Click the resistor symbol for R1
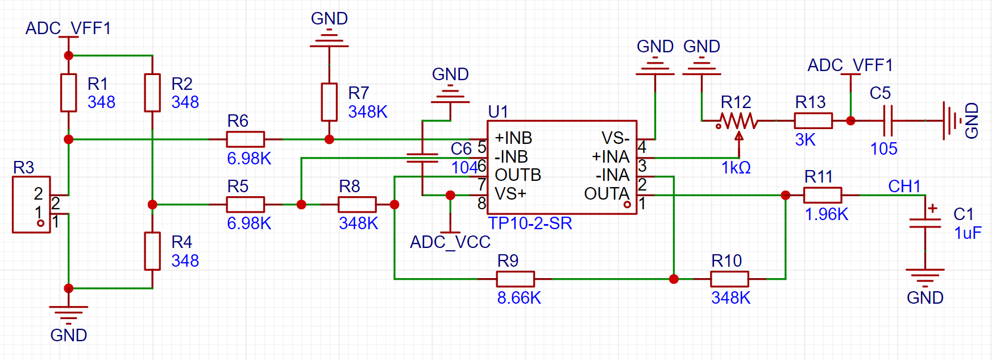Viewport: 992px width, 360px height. click(x=69, y=92)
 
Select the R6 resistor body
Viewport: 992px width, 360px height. click(x=245, y=139)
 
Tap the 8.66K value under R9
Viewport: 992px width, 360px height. click(x=519, y=297)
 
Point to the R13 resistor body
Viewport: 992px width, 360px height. click(x=813, y=121)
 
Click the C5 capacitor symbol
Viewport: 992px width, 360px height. click(x=889, y=121)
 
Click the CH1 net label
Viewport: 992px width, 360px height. click(x=904, y=186)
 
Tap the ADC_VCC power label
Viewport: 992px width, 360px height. click(x=450, y=242)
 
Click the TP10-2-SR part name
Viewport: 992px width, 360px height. click(x=530, y=224)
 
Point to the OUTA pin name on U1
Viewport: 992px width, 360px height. click(x=607, y=194)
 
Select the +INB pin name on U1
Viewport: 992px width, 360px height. click(x=513, y=138)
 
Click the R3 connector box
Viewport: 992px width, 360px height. click(x=31, y=205)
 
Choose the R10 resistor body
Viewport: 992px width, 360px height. click(x=729, y=279)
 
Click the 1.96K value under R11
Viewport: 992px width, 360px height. click(x=827, y=214)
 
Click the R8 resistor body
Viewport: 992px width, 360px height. click(x=357, y=205)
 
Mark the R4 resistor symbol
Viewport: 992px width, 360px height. click(x=152, y=251)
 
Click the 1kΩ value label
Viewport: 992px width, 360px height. click(x=736, y=168)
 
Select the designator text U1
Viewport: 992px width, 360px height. click(x=498, y=111)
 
